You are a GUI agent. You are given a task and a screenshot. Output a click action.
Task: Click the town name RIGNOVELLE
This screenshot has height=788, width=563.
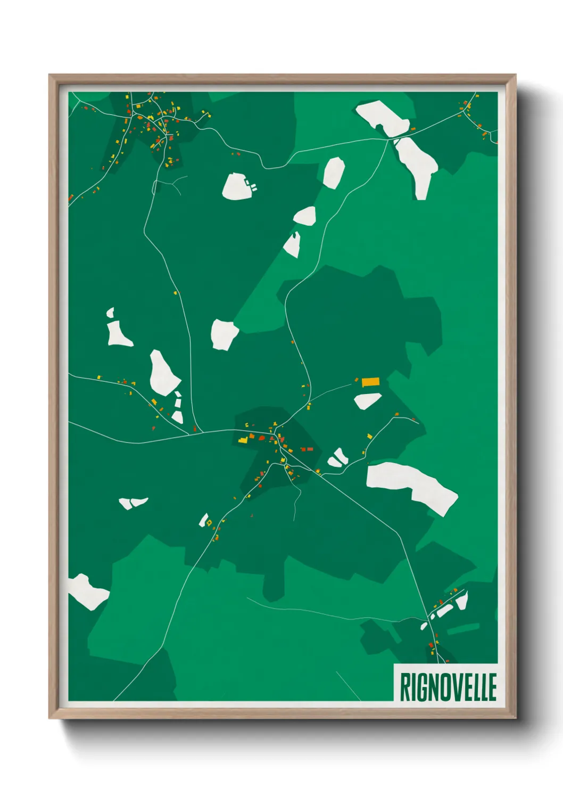pos(448,687)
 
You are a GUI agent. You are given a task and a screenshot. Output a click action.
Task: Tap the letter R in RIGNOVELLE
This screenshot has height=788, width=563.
pos(404,687)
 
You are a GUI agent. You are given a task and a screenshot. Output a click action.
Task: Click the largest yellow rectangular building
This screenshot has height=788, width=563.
pos(370,382)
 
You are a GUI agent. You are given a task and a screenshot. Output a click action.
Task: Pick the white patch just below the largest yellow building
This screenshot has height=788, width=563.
pos(367,400)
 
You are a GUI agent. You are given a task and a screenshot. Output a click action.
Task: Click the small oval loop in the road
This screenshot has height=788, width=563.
pos(155,186)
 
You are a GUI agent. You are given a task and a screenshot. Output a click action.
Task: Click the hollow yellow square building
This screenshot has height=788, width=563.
pos(209,522)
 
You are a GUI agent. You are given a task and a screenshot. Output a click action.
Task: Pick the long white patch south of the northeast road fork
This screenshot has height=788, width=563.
pos(417,163)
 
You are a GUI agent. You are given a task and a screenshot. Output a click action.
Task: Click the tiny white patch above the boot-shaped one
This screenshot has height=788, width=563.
pos(111,313)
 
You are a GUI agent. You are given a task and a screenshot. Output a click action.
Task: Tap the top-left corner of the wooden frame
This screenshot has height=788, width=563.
pos(49,75)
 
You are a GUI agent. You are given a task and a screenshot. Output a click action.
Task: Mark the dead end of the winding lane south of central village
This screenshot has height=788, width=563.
pos(294,520)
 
